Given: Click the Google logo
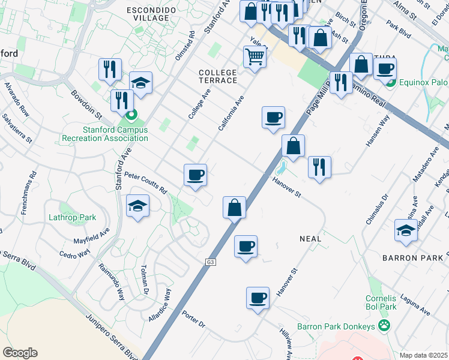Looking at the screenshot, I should (20, 353).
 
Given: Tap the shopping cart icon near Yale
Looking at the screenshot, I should (255, 57).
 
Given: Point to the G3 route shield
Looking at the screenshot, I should (210, 262).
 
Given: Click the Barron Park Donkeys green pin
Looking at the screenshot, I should (384, 326).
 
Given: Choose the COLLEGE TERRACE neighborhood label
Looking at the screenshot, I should (218, 76).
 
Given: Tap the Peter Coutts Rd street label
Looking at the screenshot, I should (145, 182).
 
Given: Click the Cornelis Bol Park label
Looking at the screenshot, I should (381, 302).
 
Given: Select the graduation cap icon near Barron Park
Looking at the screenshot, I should (405, 230).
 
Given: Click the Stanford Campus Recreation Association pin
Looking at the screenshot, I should (132, 113).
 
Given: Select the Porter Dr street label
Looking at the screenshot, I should (194, 320).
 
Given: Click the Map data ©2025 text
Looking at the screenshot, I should (424, 355).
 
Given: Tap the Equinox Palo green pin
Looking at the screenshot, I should (390, 82).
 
